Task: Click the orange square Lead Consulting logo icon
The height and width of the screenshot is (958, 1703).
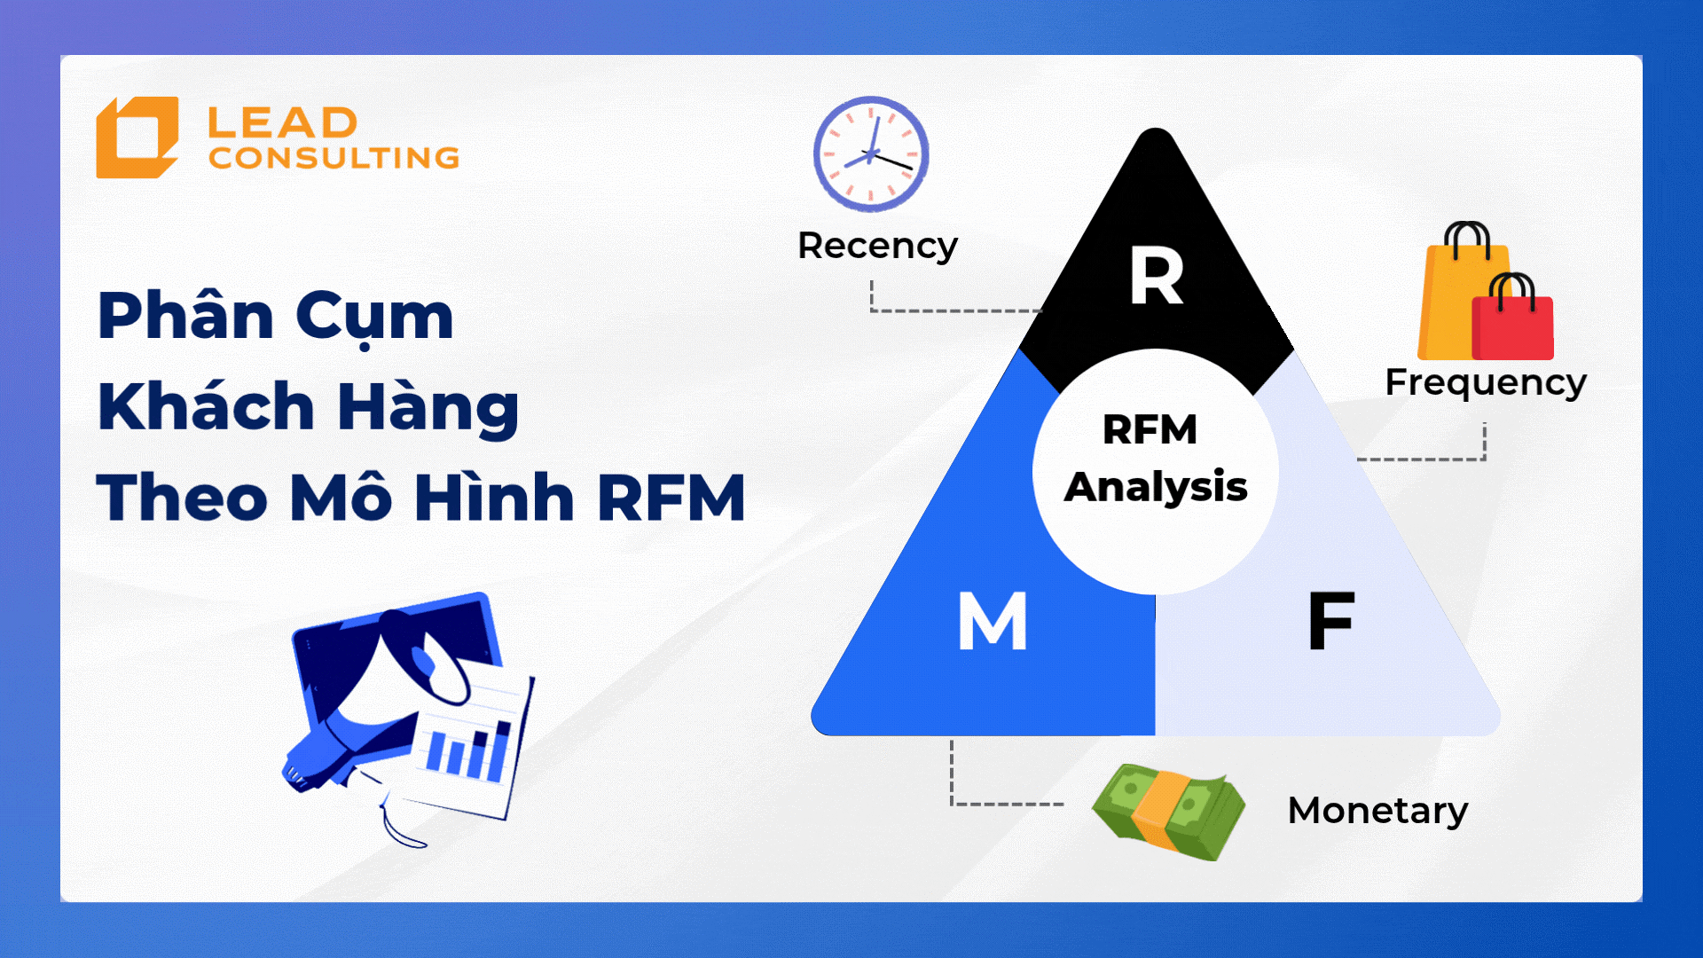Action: click(137, 137)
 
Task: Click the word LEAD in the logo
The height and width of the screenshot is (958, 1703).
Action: click(283, 123)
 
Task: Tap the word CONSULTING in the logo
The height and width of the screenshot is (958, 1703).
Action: click(334, 158)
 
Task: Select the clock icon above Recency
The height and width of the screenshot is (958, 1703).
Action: click(871, 153)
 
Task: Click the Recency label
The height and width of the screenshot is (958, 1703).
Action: click(877, 246)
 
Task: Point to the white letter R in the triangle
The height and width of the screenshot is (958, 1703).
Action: click(1157, 276)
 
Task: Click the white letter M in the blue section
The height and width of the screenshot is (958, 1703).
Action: click(993, 621)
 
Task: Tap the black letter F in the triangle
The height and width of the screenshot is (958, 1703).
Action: click(1330, 620)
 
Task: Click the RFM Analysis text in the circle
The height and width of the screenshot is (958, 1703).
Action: click(1155, 459)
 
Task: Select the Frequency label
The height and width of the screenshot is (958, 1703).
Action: click(1486, 383)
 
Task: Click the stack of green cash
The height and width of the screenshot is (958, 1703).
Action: click(1168, 812)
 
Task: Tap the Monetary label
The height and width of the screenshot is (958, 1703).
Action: click(1377, 811)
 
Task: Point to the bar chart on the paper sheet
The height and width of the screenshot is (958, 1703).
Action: click(469, 750)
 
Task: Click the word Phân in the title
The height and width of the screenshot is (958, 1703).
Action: click(186, 316)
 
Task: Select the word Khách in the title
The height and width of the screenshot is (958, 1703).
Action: click(206, 407)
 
